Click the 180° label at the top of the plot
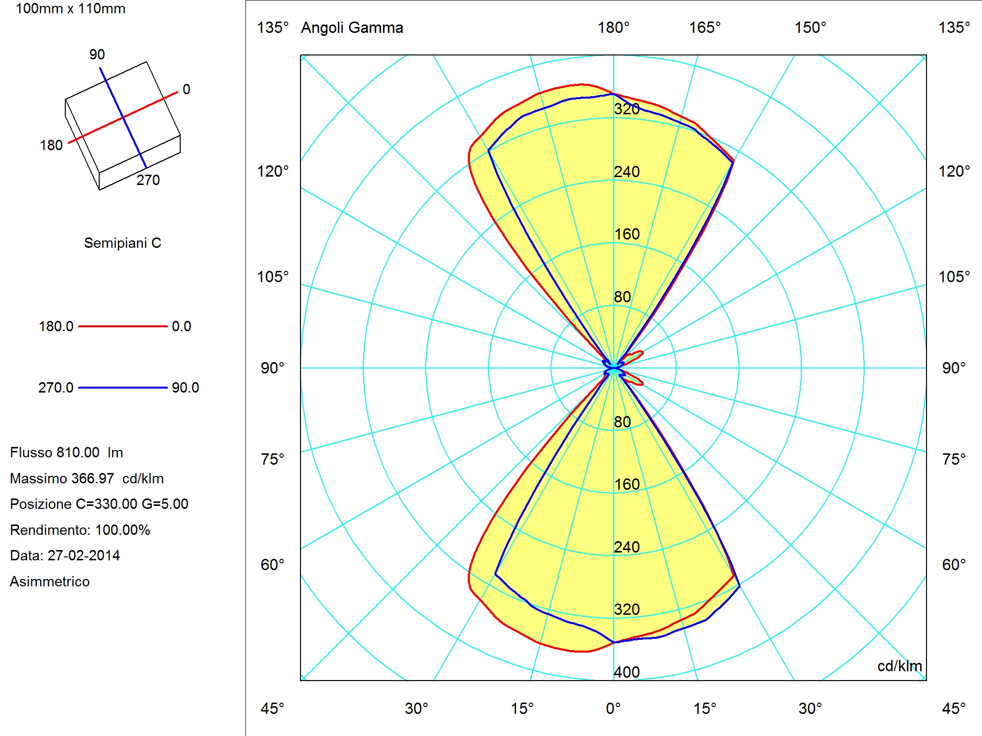pyautogui.click(x=613, y=27)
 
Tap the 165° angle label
pyautogui.click(x=705, y=27)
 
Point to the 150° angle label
pyautogui.click(x=811, y=27)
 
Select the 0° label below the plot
pyautogui.click(x=613, y=709)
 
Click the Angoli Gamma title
pyautogui.click(x=352, y=27)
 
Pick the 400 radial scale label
pyautogui.click(x=627, y=672)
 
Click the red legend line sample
pyautogui.click(x=123, y=326)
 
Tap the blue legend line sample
pyautogui.click(x=123, y=388)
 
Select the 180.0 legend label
pyautogui.click(x=56, y=326)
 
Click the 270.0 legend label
pyautogui.click(x=56, y=388)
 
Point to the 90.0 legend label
pyautogui.click(x=186, y=388)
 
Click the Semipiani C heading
pyautogui.click(x=123, y=243)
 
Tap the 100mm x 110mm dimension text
pyautogui.click(x=71, y=9)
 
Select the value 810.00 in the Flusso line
pyautogui.click(x=78, y=452)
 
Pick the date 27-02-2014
pyautogui.click(x=83, y=555)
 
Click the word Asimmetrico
pyautogui.click(x=50, y=581)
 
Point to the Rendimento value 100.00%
pyautogui.click(x=123, y=530)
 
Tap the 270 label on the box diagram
pyautogui.click(x=148, y=180)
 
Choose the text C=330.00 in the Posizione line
pyautogui.click(x=107, y=504)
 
